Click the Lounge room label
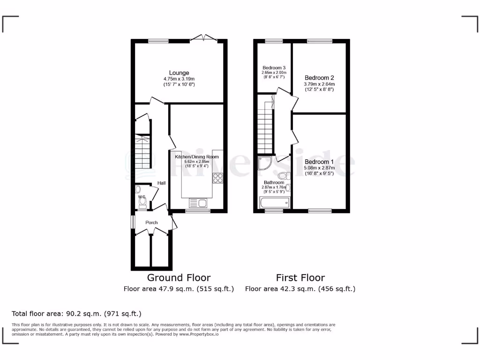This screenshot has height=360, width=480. pos(179,73)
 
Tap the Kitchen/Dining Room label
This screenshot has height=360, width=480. pos(197,157)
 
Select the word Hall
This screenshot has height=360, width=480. pos(161,183)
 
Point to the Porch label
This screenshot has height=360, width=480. pos(151,222)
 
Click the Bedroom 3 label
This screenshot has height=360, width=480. pos(274,67)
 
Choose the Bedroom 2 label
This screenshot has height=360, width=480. pos(319,77)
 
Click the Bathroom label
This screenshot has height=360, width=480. pos(274,182)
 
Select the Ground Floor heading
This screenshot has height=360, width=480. pos(179,277)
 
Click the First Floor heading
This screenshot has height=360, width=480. pos(300,277)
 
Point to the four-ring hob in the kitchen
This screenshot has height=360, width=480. pos(218,178)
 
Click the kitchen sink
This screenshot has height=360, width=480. pos(198,202)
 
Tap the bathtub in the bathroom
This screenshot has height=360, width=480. pos(275,202)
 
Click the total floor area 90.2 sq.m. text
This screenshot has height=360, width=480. pos(76,314)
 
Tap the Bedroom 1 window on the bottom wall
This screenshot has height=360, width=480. pos(320,211)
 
